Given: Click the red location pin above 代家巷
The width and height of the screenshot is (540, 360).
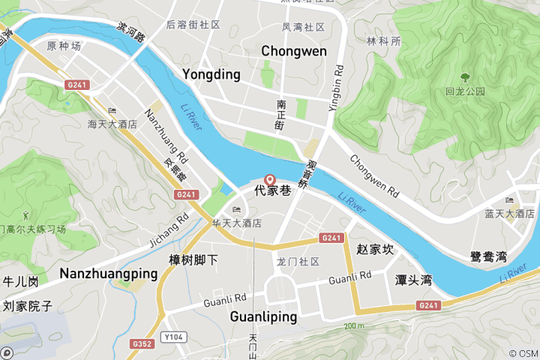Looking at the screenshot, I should [271, 179].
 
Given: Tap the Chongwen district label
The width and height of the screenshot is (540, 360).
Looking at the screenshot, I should [294, 51].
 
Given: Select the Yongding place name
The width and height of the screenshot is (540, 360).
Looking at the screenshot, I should [211, 74].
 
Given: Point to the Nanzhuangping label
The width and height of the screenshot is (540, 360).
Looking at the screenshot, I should [109, 273].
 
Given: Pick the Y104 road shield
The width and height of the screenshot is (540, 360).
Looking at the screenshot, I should [174, 337].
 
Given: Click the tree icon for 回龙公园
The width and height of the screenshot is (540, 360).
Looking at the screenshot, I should [465, 77].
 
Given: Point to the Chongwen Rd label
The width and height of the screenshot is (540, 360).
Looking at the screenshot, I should [373, 174].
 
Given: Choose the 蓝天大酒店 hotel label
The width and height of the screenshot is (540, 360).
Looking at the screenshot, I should [514, 214].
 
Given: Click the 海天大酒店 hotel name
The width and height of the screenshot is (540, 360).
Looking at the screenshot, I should [112, 124].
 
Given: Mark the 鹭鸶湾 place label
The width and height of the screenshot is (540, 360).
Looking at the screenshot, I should [488, 256].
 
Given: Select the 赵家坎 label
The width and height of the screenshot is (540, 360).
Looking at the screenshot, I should [375, 249].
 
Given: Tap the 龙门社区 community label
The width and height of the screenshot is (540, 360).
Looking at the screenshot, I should [298, 262].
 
